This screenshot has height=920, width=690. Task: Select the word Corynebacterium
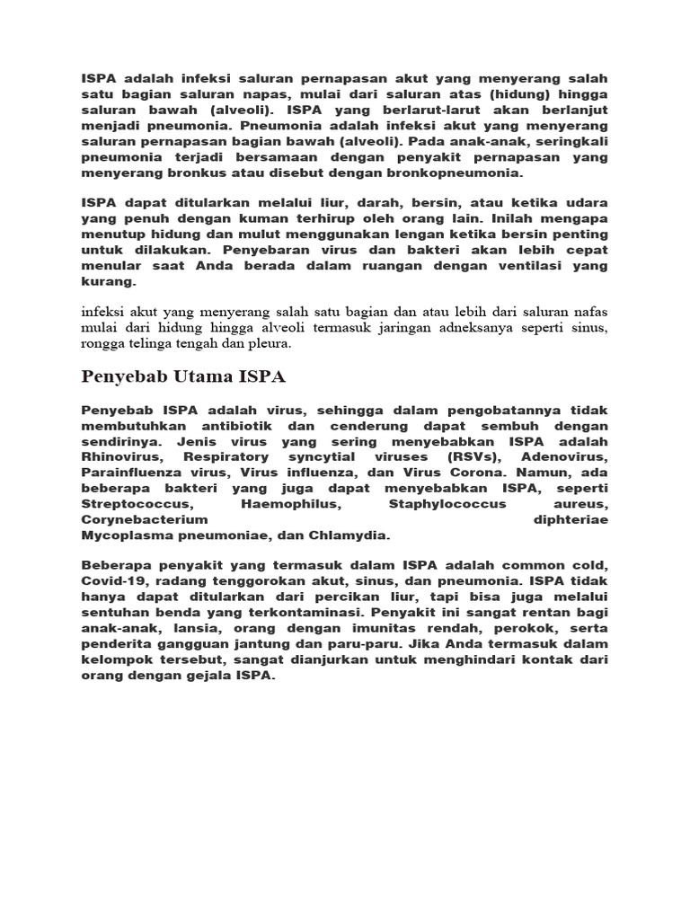145,520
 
